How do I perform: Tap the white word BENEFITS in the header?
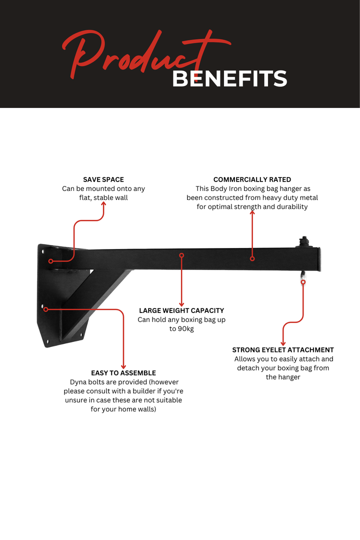(x=229, y=79)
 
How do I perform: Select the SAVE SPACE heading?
(x=103, y=179)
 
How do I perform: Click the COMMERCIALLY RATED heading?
(x=252, y=179)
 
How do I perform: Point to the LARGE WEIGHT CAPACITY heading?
(x=181, y=310)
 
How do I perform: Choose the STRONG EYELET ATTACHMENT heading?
(x=283, y=350)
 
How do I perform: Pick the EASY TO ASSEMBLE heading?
(x=123, y=373)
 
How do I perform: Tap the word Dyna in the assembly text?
(x=78, y=382)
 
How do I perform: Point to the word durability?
(x=290, y=206)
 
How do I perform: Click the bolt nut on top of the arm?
(x=303, y=241)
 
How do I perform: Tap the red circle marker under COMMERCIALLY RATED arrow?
(x=252, y=258)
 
